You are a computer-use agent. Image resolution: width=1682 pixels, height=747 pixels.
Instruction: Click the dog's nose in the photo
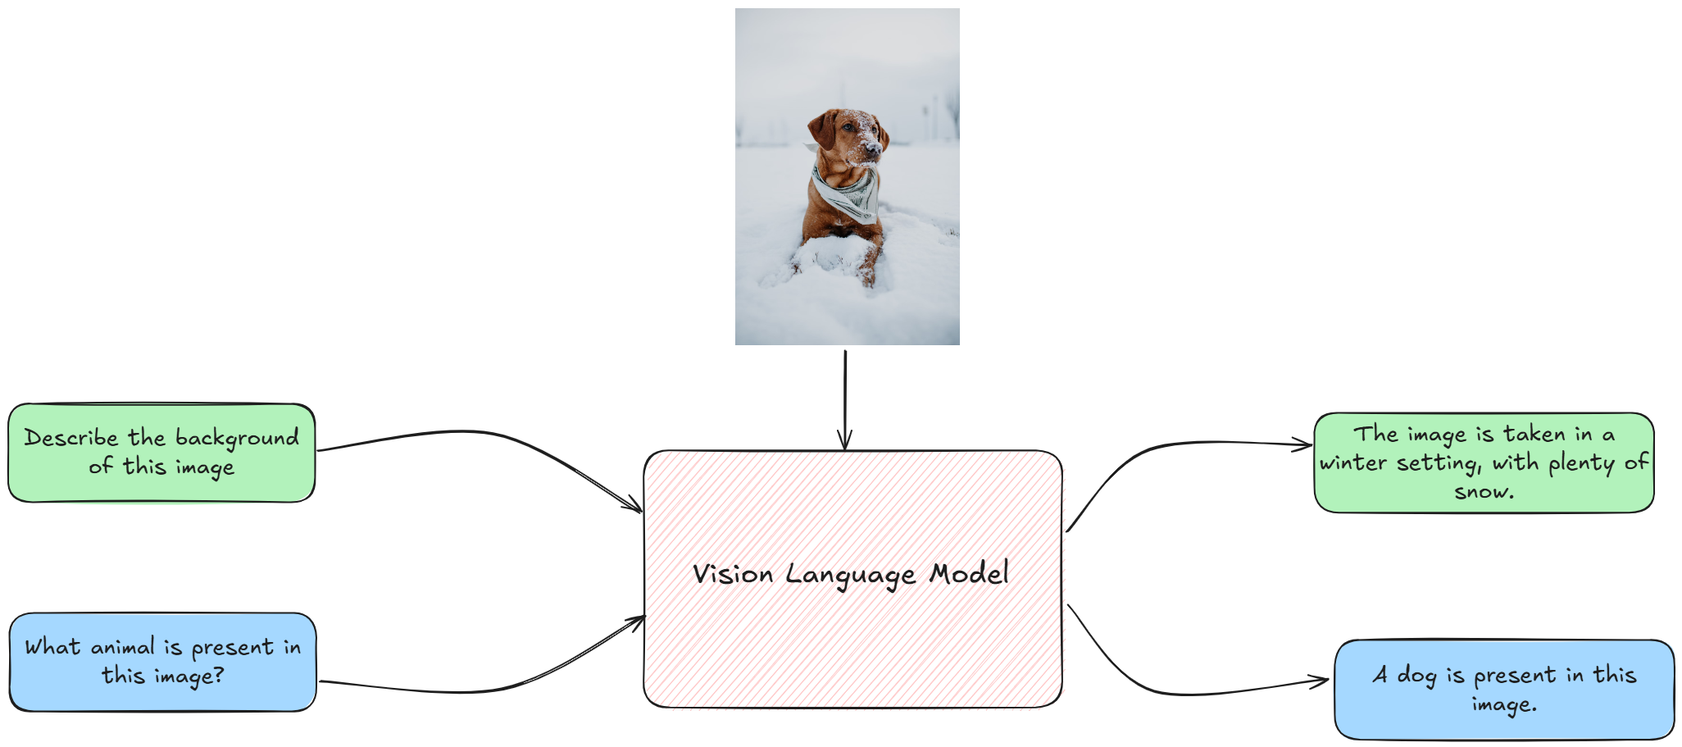click(x=875, y=149)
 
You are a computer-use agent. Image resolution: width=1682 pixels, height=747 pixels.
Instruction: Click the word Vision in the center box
click(x=733, y=573)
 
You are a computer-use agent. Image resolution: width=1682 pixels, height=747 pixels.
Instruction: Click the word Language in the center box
click(x=851, y=576)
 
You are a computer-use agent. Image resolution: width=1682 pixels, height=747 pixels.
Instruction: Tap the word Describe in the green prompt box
click(x=71, y=437)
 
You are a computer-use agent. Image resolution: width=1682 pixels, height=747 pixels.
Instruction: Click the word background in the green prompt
click(x=237, y=439)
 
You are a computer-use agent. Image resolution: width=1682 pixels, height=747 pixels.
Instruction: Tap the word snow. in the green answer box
click(x=1484, y=492)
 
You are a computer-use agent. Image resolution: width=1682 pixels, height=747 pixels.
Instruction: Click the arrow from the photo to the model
click(x=845, y=400)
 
